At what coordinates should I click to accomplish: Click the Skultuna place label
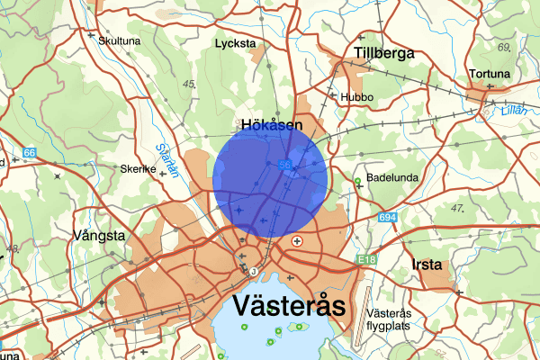(x=121, y=40)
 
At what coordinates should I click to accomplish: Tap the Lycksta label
(x=236, y=43)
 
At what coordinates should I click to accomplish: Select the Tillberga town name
(x=384, y=53)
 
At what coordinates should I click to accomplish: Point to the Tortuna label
(x=490, y=74)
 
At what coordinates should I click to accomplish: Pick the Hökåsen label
(x=271, y=126)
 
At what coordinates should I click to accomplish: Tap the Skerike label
(x=139, y=168)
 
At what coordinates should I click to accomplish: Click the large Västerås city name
(x=289, y=305)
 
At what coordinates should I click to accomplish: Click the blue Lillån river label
(x=509, y=112)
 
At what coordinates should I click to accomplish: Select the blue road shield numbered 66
(x=31, y=154)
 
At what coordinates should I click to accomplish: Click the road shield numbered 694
(x=388, y=218)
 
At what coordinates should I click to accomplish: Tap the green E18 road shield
(x=365, y=259)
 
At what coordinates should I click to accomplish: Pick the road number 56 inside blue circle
(x=284, y=165)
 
